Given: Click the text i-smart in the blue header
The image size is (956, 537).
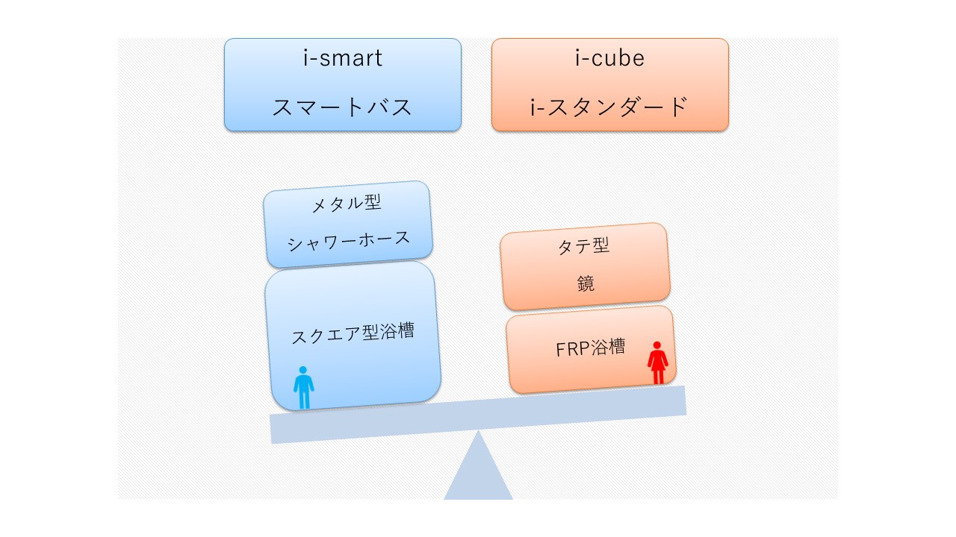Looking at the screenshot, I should click(x=343, y=59).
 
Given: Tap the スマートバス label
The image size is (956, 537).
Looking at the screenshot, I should click(x=342, y=107).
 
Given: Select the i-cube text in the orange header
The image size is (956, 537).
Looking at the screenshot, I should click(x=609, y=59).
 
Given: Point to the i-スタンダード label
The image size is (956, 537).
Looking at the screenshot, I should click(x=609, y=107).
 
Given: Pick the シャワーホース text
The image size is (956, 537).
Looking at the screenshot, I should click(x=350, y=240).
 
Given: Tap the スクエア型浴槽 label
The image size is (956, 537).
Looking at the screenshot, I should click(x=353, y=333).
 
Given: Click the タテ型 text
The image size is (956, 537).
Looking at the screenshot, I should click(x=584, y=246).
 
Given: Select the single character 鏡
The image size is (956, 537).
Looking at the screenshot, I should click(x=586, y=283).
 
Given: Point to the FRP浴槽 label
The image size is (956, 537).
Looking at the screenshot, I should click(x=591, y=348).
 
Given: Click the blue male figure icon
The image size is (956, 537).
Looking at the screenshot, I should click(x=303, y=387).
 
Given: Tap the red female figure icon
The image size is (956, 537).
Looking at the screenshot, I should click(x=657, y=362).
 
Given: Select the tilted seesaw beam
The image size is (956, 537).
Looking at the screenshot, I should click(x=478, y=415).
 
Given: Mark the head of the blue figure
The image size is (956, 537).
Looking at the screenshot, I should click(x=303, y=370).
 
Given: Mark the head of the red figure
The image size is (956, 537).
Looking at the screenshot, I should click(x=657, y=345).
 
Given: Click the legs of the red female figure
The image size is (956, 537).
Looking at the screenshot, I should click(x=657, y=377).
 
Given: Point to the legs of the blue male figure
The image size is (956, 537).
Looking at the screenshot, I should click(x=303, y=400).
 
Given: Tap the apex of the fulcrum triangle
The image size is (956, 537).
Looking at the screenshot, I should click(x=478, y=433).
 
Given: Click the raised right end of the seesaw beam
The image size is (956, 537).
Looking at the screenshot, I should click(x=676, y=401).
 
